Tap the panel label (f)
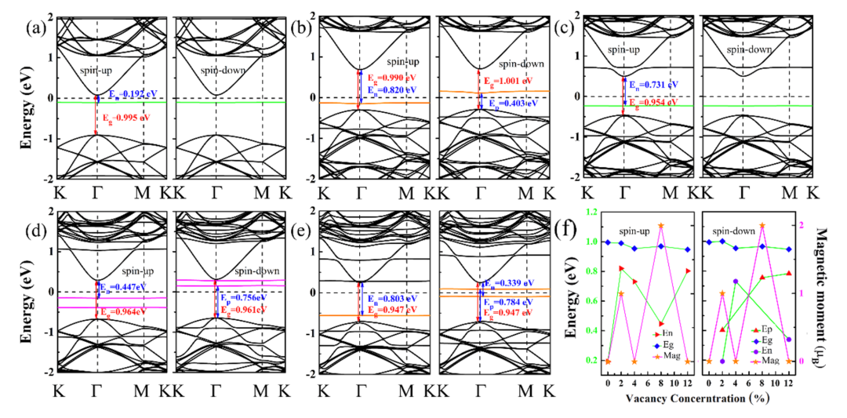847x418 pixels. (565, 231)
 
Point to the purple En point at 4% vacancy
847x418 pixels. (736, 282)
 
